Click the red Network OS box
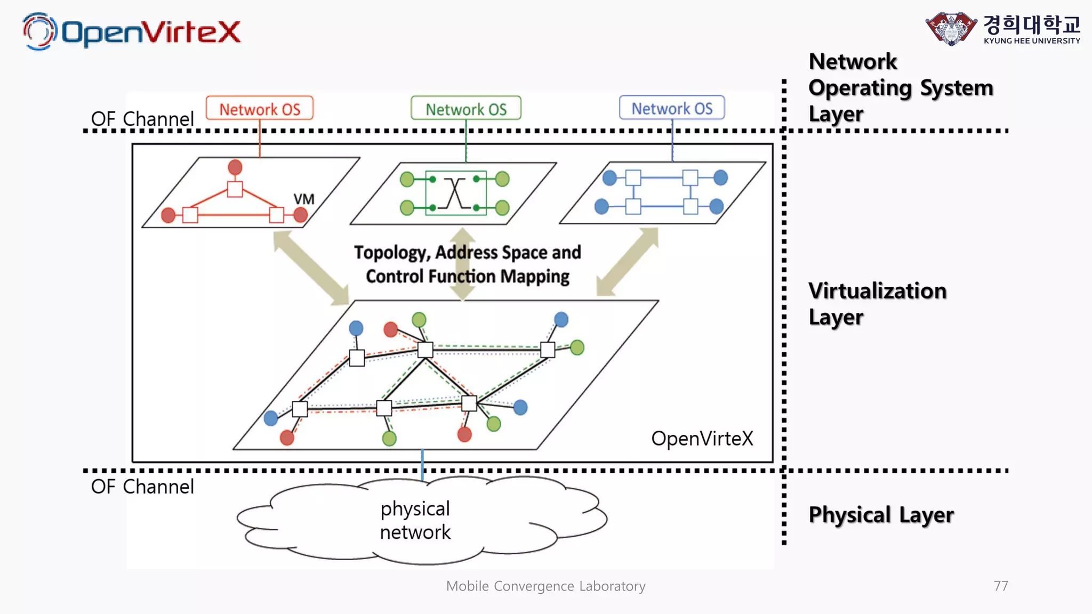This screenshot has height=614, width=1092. point(260,109)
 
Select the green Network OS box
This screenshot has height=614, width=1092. point(465,109)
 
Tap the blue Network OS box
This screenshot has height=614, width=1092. point(672,108)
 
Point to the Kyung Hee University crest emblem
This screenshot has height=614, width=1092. point(951,28)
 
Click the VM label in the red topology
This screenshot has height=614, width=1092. point(304,199)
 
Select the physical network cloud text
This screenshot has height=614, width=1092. point(415,520)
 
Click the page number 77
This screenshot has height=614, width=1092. point(1001,586)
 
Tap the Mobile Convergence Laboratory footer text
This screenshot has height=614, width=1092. point(545,586)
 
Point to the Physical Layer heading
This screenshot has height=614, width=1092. point(881,515)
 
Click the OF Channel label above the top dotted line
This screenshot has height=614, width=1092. point(142,119)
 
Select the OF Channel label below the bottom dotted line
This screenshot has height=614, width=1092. point(142,487)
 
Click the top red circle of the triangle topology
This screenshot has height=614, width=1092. point(235,167)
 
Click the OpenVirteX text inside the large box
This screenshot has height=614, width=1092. point(702,439)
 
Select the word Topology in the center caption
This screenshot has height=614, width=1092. point(391,253)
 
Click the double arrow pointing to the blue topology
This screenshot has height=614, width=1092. point(628,262)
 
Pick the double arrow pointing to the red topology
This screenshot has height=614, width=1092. point(311,268)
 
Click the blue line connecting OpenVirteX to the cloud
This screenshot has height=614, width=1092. point(422,465)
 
